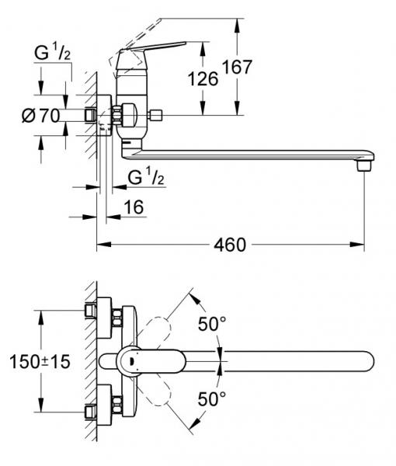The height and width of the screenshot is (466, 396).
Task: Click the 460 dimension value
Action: (x=229, y=245)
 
